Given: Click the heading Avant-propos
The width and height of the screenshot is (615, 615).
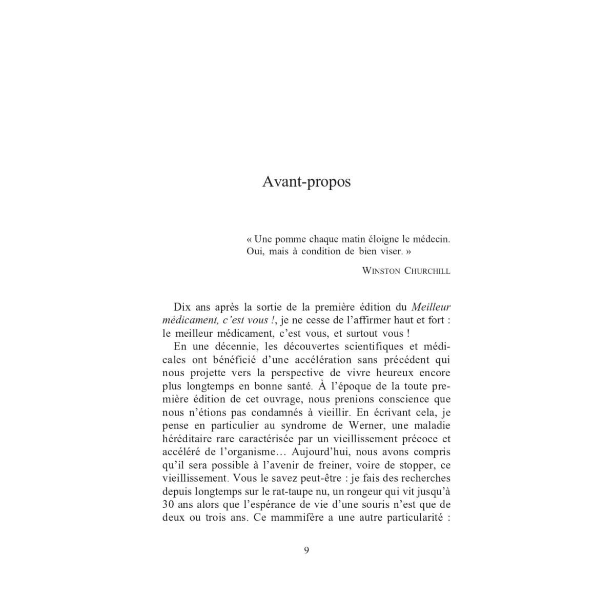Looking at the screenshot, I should point(306,182).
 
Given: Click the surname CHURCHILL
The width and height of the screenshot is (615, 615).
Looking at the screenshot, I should point(427,271).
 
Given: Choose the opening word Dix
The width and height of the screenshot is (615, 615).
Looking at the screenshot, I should point(181,307).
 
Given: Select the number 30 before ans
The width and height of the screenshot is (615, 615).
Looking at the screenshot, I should point(168,504).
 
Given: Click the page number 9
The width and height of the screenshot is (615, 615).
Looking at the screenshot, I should point(306,550).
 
